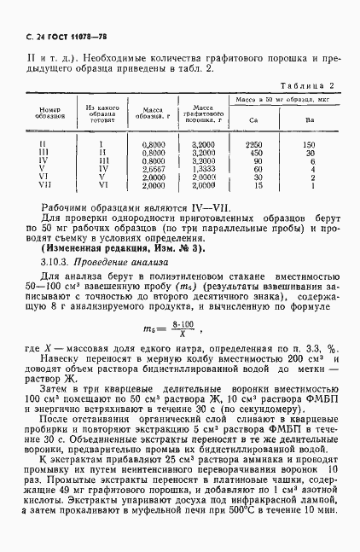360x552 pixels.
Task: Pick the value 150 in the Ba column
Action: (310, 144)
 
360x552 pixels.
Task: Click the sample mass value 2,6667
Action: (154, 169)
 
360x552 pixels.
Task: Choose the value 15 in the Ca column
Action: (257, 185)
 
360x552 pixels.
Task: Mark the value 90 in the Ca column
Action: (256, 160)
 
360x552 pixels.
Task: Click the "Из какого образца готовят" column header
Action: (101, 113)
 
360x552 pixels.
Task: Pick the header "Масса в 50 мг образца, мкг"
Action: (281, 100)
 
